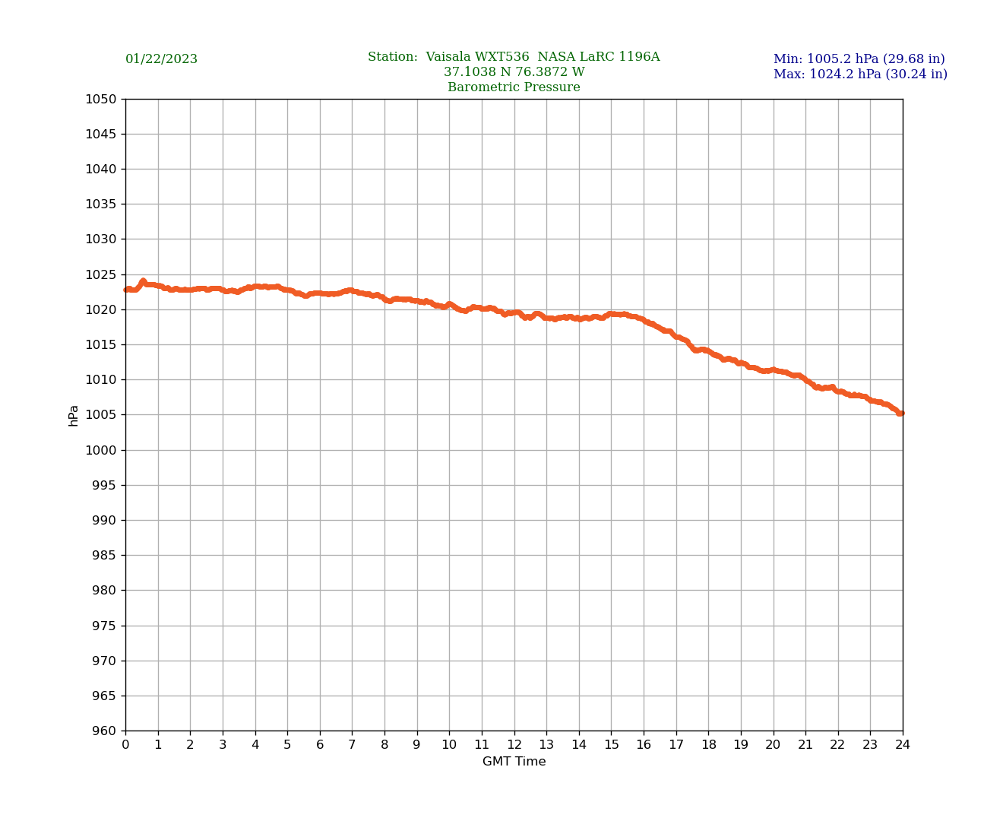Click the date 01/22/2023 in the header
pyautogui.click(x=161, y=59)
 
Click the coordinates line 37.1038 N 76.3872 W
pyautogui.click(x=514, y=72)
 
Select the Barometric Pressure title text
pyautogui.click(x=514, y=87)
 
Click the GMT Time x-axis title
pyautogui.click(x=514, y=762)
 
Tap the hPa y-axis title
pyautogui.click(x=74, y=415)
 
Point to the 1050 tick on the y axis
pyautogui.click(x=101, y=99)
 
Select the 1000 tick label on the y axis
pyautogui.click(x=101, y=450)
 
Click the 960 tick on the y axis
pyautogui.click(x=104, y=731)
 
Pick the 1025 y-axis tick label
pyautogui.click(x=101, y=274)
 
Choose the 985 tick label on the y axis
pyautogui.click(x=104, y=556)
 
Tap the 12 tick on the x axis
pyautogui.click(x=514, y=745)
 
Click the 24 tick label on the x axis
pyautogui.click(x=903, y=745)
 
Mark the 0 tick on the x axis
pyautogui.click(x=125, y=745)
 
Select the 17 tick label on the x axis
pyautogui.click(x=676, y=745)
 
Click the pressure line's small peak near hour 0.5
pyautogui.click(x=143, y=281)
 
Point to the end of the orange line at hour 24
pyautogui.click(x=901, y=413)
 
